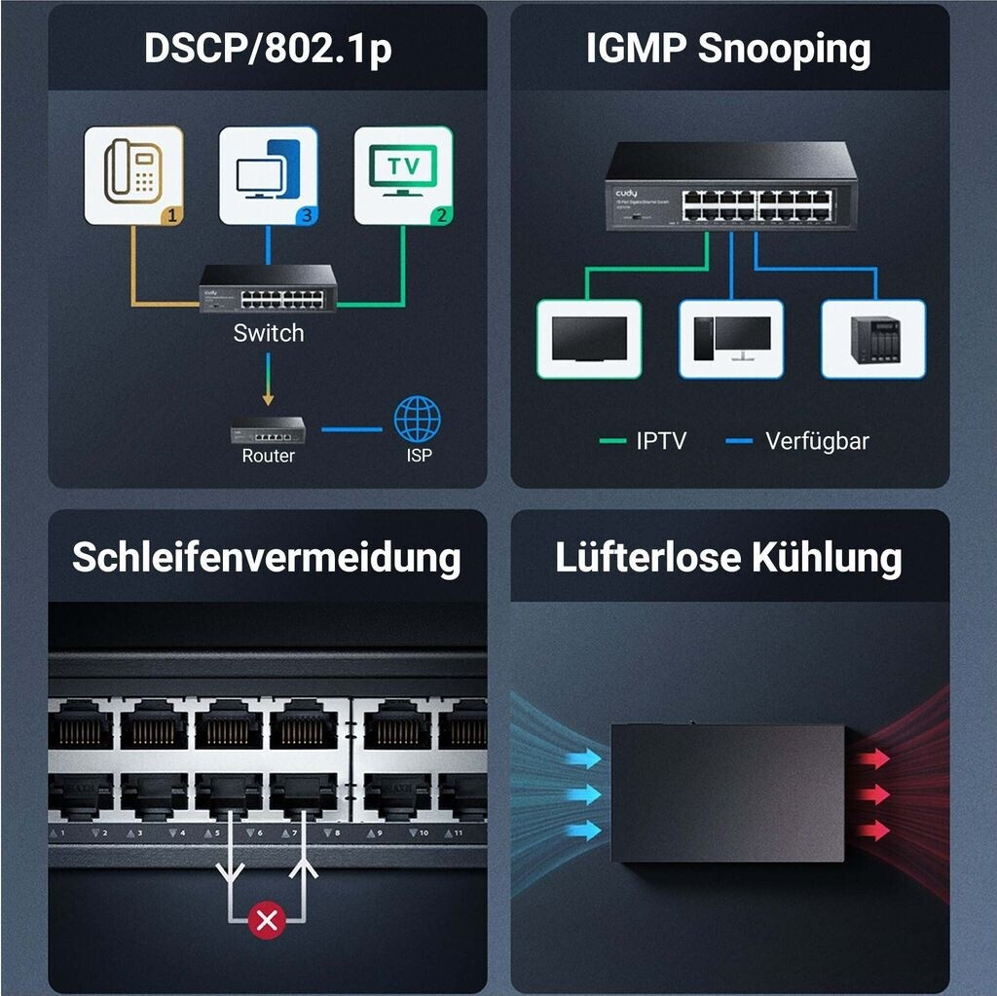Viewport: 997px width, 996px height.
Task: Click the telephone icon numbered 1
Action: click(132, 175)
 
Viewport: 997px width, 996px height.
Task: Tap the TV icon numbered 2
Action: click(403, 175)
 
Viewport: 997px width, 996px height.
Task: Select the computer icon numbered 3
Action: click(268, 175)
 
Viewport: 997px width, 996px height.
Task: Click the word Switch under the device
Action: click(268, 333)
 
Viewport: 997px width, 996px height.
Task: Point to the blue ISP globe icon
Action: click(417, 419)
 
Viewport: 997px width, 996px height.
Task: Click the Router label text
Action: click(268, 456)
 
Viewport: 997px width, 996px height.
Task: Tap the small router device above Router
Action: click(268, 428)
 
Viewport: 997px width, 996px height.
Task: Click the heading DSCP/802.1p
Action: click(268, 49)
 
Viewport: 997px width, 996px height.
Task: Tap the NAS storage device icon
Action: click(873, 339)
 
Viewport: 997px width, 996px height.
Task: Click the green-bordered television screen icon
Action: click(589, 339)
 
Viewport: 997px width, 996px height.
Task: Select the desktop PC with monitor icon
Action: click(731, 339)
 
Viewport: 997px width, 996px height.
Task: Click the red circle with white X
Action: click(267, 919)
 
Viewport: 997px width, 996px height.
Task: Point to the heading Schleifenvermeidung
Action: click(267, 558)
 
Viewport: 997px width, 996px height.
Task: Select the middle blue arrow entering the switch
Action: click(583, 794)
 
